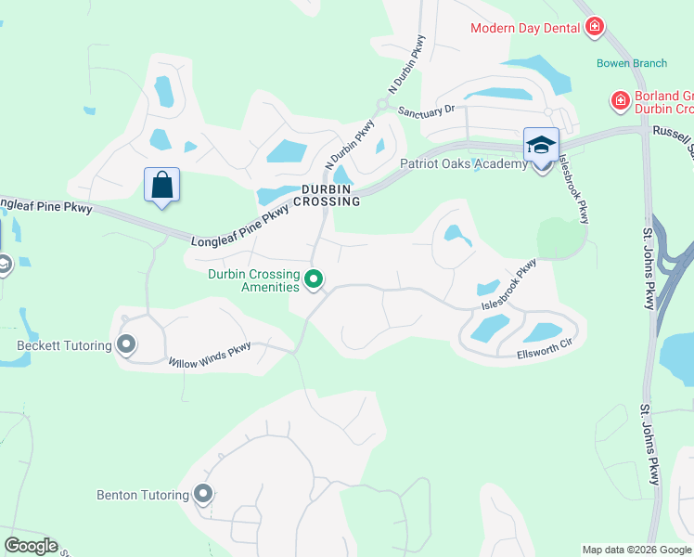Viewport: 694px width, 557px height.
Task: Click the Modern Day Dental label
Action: pyautogui.click(x=525, y=27)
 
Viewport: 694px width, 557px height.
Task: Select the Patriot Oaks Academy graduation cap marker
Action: pyautogui.click(x=541, y=146)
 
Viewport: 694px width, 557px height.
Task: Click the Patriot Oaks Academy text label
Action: pyautogui.click(x=463, y=164)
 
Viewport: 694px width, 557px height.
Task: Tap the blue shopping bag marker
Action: pyautogui.click(x=162, y=185)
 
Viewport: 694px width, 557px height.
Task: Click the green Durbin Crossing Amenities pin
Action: pyautogui.click(x=314, y=278)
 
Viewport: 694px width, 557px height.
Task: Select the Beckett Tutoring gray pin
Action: pyautogui.click(x=127, y=345)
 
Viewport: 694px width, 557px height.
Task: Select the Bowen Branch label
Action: pyautogui.click(x=631, y=64)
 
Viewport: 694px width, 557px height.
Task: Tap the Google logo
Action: pyautogui.click(x=31, y=546)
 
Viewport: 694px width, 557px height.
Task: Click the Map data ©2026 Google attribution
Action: pyautogui.click(x=636, y=550)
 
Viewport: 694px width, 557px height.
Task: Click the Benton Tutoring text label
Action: pyautogui.click(x=142, y=495)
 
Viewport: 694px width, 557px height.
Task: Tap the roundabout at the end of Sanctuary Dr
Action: pyautogui.click(x=381, y=104)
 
